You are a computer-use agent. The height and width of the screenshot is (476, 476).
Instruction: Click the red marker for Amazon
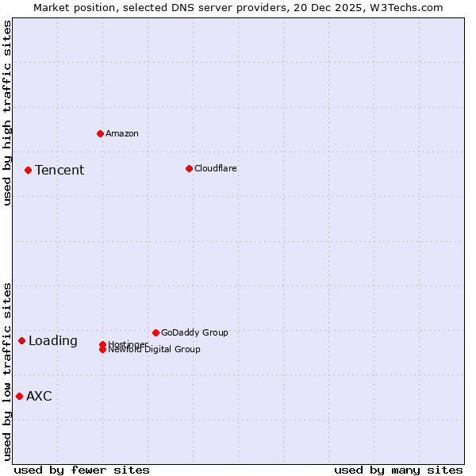(100, 133)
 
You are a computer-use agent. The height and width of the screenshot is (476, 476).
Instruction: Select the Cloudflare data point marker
(189, 168)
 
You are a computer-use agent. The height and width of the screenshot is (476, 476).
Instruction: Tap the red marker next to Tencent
(28, 170)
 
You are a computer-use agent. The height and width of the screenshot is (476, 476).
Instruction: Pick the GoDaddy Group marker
(155, 332)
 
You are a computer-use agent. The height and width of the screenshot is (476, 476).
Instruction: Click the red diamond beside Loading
(21, 340)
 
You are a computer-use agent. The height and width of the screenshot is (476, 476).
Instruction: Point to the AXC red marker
(19, 396)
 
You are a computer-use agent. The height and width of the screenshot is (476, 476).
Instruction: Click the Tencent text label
(59, 170)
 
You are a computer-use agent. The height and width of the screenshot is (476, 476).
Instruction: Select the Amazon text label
(122, 133)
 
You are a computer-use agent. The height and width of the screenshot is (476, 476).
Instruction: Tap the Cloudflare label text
(216, 168)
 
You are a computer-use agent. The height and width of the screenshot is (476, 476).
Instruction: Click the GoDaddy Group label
(194, 332)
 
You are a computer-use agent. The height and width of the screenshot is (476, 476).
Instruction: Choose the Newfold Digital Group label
(155, 350)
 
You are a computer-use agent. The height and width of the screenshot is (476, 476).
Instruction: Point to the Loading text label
(53, 340)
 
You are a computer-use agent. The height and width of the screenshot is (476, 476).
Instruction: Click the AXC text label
(39, 396)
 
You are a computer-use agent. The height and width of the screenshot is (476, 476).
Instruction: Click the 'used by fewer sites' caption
(82, 470)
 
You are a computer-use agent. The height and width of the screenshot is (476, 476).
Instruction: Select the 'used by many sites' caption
(398, 470)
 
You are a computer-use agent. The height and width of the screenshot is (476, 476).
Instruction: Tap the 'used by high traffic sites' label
(7, 113)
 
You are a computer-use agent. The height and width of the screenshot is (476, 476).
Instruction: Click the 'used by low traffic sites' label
(7, 370)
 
